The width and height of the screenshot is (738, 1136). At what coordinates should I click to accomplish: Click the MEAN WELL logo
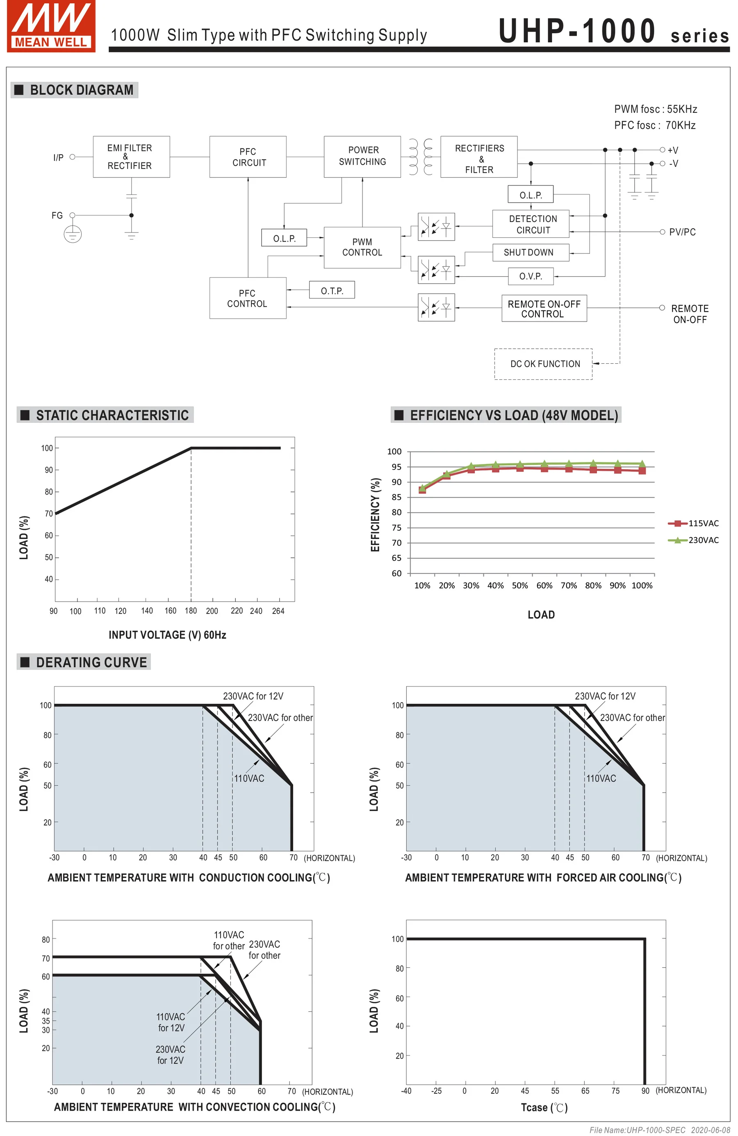tap(51, 26)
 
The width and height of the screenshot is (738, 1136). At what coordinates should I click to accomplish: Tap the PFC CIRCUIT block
tap(248, 157)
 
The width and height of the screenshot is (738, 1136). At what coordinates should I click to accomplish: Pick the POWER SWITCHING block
tap(362, 157)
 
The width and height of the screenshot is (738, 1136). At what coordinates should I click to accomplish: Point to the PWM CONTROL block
tap(362, 247)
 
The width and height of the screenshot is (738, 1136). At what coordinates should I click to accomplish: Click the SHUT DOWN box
tap(530, 253)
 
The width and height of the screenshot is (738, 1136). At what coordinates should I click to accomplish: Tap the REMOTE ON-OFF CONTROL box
tap(544, 308)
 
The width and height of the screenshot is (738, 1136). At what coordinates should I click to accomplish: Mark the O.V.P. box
tap(530, 276)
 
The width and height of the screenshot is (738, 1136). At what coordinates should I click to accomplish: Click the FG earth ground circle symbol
tap(73, 234)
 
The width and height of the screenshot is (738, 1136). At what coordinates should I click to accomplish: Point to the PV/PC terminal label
tap(682, 232)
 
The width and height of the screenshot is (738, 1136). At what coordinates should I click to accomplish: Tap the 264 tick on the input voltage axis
tap(278, 611)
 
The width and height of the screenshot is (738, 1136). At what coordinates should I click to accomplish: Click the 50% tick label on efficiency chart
tap(519, 586)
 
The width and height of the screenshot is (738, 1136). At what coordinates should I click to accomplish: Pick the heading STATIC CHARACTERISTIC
tap(112, 415)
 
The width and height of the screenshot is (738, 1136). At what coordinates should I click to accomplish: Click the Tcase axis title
tap(544, 1107)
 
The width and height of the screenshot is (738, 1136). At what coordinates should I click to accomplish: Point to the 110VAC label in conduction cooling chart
tap(248, 778)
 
